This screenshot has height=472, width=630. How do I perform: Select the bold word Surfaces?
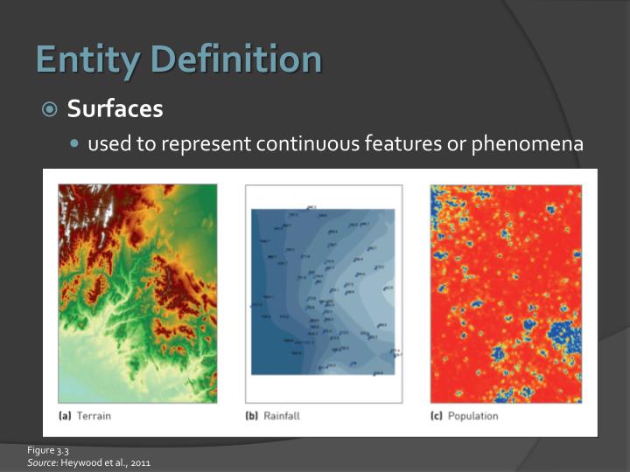(x=115, y=108)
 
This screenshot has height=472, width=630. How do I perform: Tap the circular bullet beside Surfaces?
(x=51, y=109)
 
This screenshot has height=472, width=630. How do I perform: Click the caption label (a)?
(x=65, y=416)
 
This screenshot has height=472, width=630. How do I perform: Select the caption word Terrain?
(x=94, y=416)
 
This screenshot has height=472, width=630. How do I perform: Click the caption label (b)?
(x=252, y=416)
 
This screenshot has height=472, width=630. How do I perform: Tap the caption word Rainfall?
(x=281, y=416)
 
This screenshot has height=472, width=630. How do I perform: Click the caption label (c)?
(x=437, y=416)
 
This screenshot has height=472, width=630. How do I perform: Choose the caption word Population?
(x=472, y=416)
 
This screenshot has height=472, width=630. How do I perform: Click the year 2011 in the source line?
(x=126, y=462)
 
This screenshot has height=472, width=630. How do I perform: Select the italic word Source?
(x=40, y=462)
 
